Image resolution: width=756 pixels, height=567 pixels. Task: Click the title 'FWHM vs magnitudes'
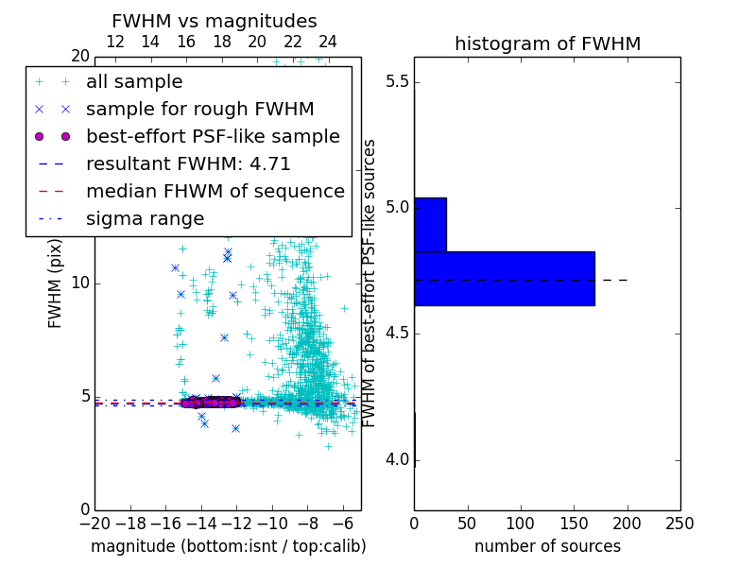coord(215,21)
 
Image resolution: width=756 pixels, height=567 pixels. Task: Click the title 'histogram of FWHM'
coord(547,43)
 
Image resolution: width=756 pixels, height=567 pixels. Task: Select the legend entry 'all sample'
coord(134,82)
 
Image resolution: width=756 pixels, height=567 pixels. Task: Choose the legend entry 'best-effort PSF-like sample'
coord(213,136)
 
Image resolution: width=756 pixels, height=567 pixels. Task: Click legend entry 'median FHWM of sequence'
coord(215,191)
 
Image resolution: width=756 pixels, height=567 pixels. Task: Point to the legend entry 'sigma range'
coord(145,218)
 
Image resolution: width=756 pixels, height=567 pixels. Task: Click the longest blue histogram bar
coord(505,279)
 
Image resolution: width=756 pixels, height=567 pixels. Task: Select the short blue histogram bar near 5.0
coord(430,225)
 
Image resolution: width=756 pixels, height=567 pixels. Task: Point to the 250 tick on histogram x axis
coord(680,524)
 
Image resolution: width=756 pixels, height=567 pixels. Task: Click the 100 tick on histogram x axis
coord(521,524)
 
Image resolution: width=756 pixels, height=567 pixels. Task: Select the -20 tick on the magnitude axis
coord(94,524)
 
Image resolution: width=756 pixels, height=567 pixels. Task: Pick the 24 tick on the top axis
coord(328,42)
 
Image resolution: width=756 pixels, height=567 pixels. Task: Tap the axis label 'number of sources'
coord(547,546)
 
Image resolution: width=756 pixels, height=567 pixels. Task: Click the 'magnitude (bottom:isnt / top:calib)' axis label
coord(228,546)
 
